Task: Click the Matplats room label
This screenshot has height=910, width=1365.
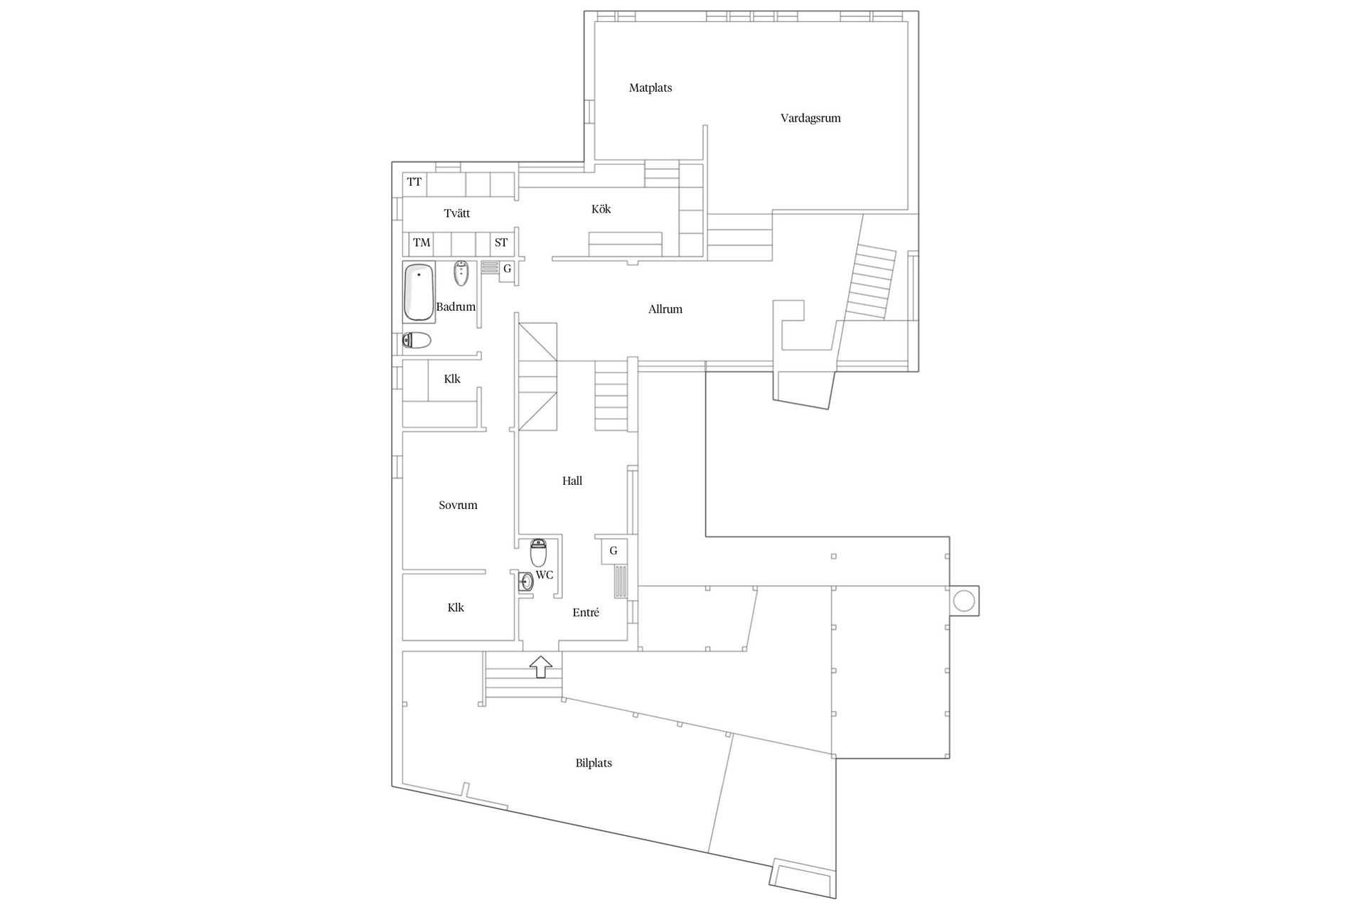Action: click(x=651, y=88)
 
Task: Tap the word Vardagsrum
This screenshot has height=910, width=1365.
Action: click(x=810, y=119)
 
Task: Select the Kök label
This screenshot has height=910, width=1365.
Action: click(x=601, y=209)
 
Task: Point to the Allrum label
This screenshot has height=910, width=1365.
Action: click(x=665, y=309)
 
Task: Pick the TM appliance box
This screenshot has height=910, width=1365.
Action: click(x=422, y=243)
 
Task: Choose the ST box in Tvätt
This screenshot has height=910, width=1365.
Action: click(x=502, y=243)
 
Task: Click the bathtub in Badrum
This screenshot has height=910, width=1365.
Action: click(x=419, y=292)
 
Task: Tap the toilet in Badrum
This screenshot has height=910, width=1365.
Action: click(x=417, y=341)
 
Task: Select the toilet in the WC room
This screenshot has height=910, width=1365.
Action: click(x=538, y=552)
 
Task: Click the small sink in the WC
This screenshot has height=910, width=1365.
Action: click(x=526, y=582)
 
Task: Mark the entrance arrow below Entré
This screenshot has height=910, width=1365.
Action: click(x=541, y=666)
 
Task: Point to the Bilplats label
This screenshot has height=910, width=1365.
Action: click(x=594, y=764)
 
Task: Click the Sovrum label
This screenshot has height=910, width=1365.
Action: click(x=458, y=505)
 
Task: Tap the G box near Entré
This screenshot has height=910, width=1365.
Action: click(x=614, y=551)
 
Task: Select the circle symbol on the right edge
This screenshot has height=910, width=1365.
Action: click(x=963, y=601)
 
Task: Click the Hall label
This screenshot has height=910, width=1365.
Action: click(x=572, y=481)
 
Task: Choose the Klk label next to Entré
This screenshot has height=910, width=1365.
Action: click(x=456, y=608)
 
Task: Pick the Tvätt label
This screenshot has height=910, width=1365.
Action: click(x=456, y=213)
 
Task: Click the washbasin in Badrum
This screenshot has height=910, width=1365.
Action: click(x=461, y=273)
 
